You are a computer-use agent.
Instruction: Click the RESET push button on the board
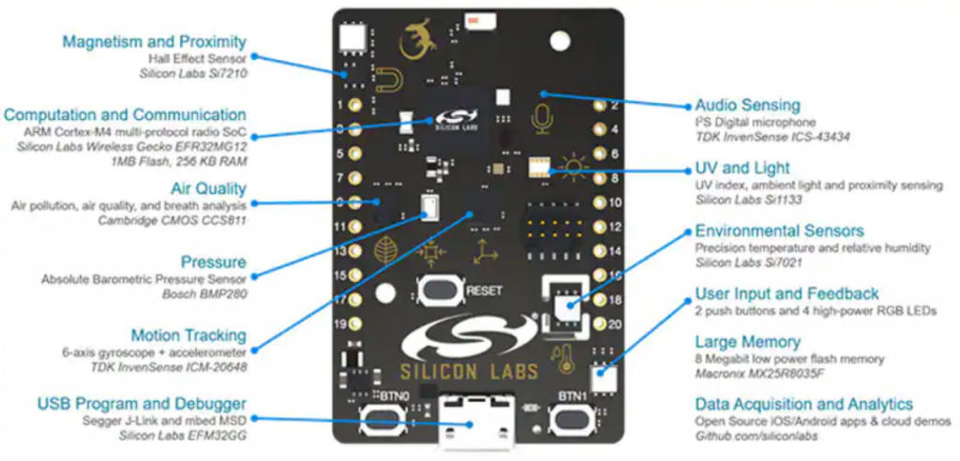[439, 291]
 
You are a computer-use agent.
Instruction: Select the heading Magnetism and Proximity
[155, 41]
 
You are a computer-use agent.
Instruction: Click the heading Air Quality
[208, 188]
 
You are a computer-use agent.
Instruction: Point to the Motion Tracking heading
[188, 335]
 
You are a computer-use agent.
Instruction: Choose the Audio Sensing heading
[747, 105]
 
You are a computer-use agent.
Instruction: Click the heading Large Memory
[747, 342]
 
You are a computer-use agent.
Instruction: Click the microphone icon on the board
[542, 119]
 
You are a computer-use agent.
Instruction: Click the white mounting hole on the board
[561, 41]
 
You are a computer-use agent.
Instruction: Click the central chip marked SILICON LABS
[456, 121]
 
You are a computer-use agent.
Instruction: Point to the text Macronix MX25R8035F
[758, 373]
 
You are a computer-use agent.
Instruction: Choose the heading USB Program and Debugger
[142, 404]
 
